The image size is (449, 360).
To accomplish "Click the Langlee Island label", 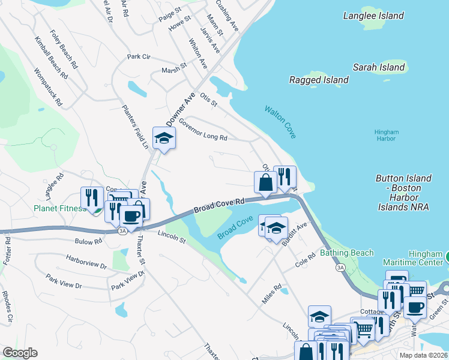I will tap(373, 16).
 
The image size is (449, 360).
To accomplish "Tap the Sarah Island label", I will tap(379, 67).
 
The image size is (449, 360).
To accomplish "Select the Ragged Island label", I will tap(319, 80).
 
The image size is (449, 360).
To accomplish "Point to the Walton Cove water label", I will tap(280, 122).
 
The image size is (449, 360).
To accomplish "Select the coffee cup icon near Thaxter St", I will tap(131, 216).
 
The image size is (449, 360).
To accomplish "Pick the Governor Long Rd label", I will tap(202, 128).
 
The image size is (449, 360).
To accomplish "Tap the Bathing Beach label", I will tap(346, 253).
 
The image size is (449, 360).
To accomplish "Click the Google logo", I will tap(20, 352).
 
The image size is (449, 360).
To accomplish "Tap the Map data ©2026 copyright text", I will tap(423, 355).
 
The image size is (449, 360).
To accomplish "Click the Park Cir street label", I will tap(138, 56).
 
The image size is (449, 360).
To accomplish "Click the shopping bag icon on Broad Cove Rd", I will tap(265, 182).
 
